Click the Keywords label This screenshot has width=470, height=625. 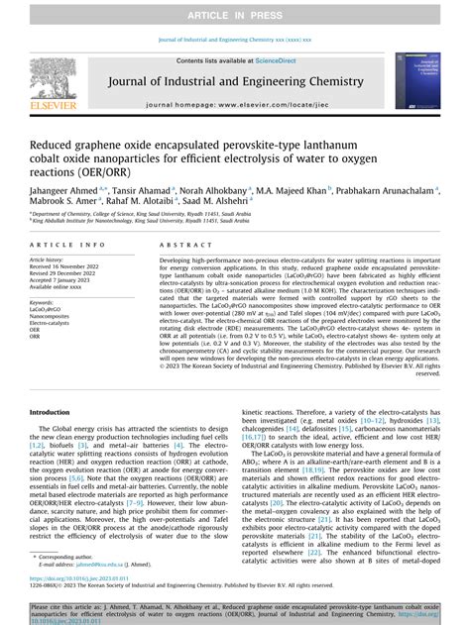pyautogui.click(x=41, y=301)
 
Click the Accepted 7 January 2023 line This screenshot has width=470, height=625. pyautogui.click(x=63, y=280)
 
